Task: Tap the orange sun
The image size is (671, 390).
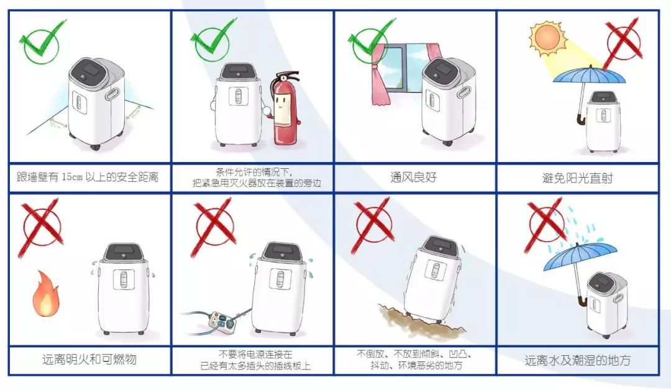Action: [x=545, y=38]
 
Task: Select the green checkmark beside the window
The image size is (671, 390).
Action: [x=372, y=41]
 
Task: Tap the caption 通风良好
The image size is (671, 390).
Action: [x=414, y=178]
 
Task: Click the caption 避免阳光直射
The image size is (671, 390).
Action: [x=578, y=178]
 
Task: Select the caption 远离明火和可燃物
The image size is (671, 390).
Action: [x=89, y=360]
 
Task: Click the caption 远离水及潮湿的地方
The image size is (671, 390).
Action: [x=578, y=360]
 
